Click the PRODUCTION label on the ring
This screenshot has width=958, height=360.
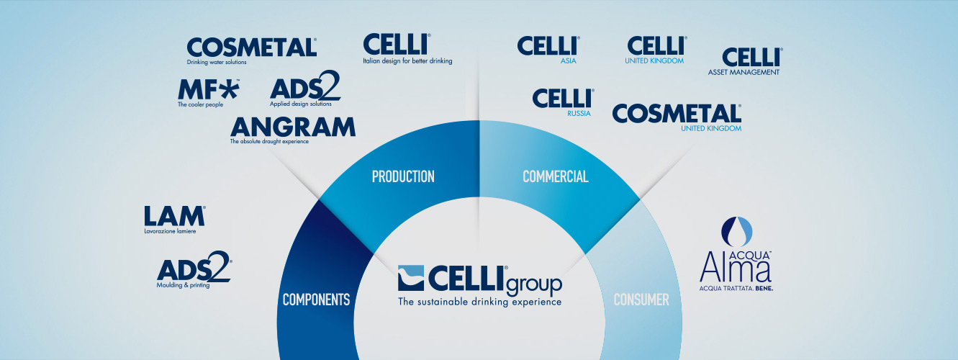pyautogui.click(x=403, y=176)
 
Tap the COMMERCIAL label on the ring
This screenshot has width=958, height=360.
pyautogui.click(x=556, y=176)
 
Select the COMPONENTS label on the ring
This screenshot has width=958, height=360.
pyautogui.click(x=316, y=300)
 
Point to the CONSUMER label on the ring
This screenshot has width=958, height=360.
pyautogui.click(x=641, y=300)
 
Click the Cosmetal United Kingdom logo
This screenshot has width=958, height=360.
pyautogui.click(x=677, y=117)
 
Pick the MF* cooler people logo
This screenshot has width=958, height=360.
pyautogui.click(x=208, y=93)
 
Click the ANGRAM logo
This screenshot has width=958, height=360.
pyautogui.click(x=292, y=130)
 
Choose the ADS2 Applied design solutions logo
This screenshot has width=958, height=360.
pyautogui.click(x=305, y=89)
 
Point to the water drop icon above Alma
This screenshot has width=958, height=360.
pyautogui.click(x=736, y=232)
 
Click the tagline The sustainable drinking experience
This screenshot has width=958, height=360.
pyautogui.click(x=479, y=302)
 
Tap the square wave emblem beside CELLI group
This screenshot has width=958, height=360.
pyautogui.click(x=410, y=278)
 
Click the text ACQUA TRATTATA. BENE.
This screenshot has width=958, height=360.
pyautogui.click(x=736, y=289)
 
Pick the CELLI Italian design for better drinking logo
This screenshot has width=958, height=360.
pyautogui.click(x=407, y=49)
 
